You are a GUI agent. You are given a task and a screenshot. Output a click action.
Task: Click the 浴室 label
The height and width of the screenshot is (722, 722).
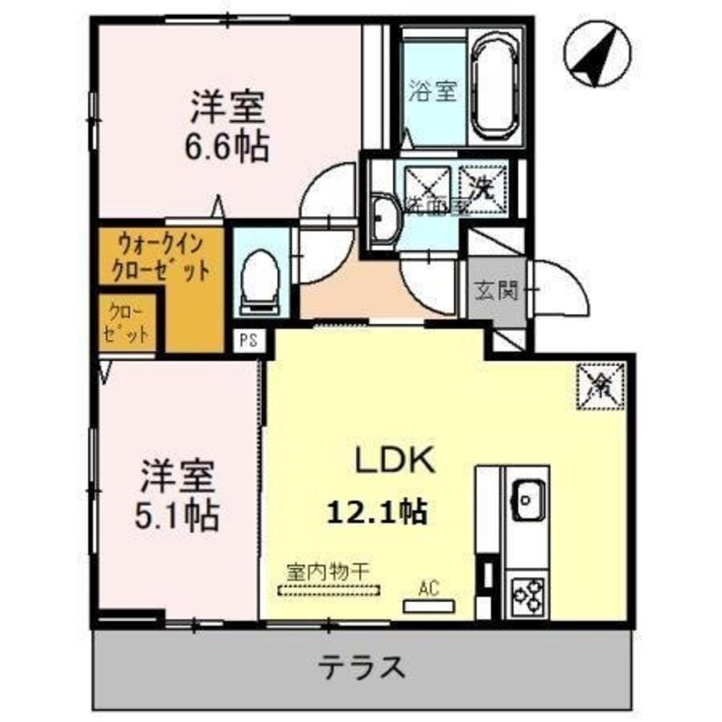[x=432, y=92]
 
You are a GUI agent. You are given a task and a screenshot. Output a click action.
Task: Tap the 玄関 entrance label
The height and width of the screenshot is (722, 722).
[x=495, y=291]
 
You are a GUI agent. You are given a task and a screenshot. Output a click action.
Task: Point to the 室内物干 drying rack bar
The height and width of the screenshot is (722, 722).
[x=329, y=590]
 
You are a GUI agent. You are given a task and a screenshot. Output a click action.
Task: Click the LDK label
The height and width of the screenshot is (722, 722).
[x=393, y=460]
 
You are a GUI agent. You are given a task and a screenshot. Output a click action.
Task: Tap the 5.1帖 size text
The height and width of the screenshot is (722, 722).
[x=178, y=514]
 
